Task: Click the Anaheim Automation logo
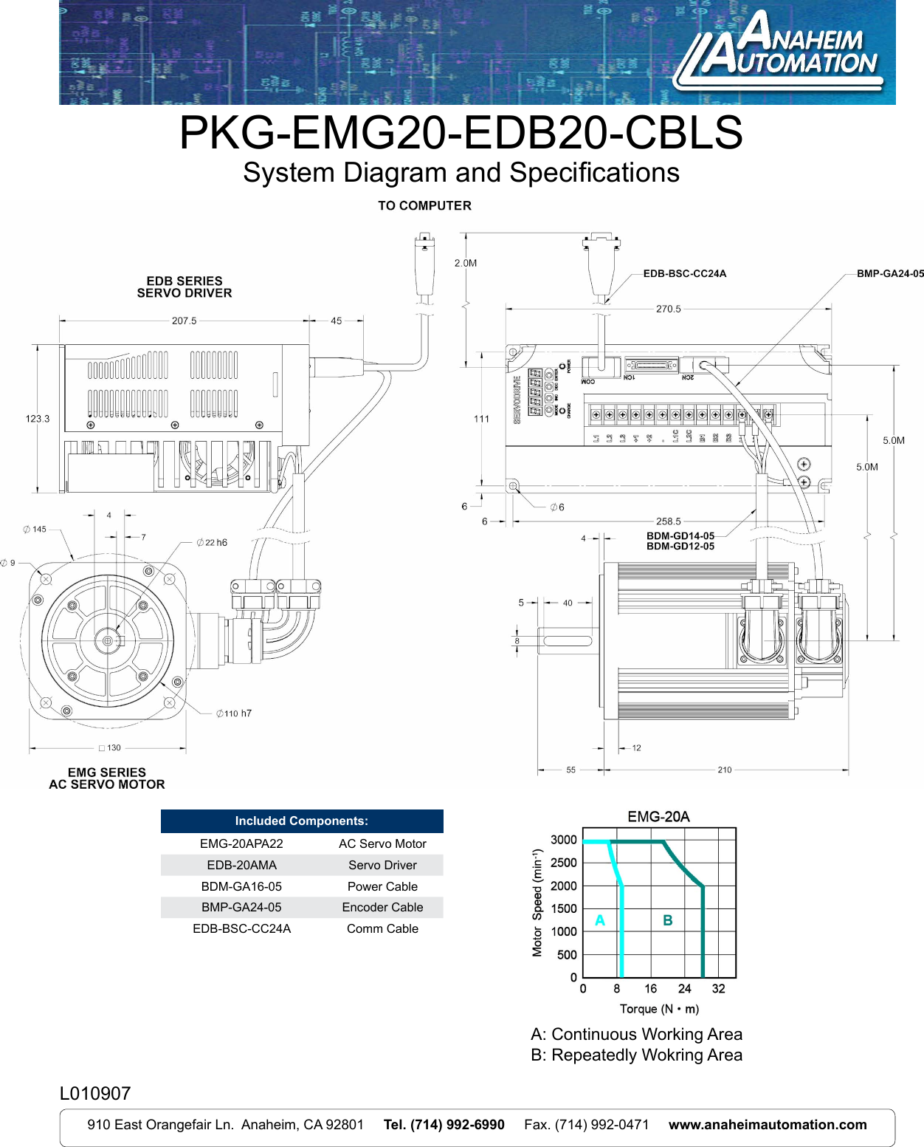[779, 52]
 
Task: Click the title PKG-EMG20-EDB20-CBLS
[461, 133]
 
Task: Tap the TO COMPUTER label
[424, 206]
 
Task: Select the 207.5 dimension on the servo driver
[184, 321]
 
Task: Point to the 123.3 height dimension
[38, 419]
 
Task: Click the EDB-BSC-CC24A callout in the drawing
[684, 274]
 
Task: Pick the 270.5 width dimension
[668, 309]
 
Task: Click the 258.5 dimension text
[668, 521]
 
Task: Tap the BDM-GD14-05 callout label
[680, 536]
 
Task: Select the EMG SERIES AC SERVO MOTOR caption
[107, 778]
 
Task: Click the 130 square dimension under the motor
[110, 748]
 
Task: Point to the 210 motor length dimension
[724, 770]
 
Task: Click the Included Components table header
[302, 821]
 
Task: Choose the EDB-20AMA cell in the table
[241, 866]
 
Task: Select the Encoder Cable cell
[382, 908]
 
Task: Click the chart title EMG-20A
[658, 817]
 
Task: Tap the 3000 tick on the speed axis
[564, 840]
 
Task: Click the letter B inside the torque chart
[667, 921]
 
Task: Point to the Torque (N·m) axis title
[659, 1010]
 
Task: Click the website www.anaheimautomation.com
[768, 1125]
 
